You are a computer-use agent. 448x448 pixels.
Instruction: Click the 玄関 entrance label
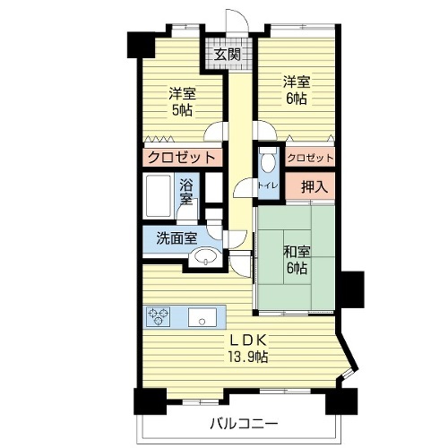[228, 55]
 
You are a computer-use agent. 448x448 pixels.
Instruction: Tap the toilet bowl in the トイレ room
[269, 160]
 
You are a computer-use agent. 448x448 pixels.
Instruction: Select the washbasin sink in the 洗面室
[206, 256]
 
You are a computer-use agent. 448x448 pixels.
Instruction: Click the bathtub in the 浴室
[159, 196]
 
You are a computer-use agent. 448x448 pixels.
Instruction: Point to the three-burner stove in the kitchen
[158, 316]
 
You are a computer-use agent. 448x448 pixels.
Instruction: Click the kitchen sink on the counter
[202, 317]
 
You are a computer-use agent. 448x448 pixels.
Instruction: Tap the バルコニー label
[244, 424]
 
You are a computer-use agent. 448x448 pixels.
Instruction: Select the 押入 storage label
[314, 187]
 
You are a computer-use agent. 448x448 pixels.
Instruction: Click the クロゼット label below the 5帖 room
[182, 157]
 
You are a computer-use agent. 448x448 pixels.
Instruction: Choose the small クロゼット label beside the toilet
[310, 158]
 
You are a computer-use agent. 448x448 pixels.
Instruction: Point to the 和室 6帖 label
[297, 260]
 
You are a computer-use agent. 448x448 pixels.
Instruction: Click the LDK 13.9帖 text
[248, 348]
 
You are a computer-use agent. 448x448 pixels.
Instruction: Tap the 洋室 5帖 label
[182, 101]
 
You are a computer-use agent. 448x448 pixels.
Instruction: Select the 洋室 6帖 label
[297, 90]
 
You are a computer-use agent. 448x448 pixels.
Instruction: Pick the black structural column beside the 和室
[352, 289]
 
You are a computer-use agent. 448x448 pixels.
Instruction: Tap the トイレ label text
[268, 185]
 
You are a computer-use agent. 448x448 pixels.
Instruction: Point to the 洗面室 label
[177, 238]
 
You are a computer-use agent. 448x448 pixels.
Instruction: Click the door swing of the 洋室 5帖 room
[214, 131]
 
